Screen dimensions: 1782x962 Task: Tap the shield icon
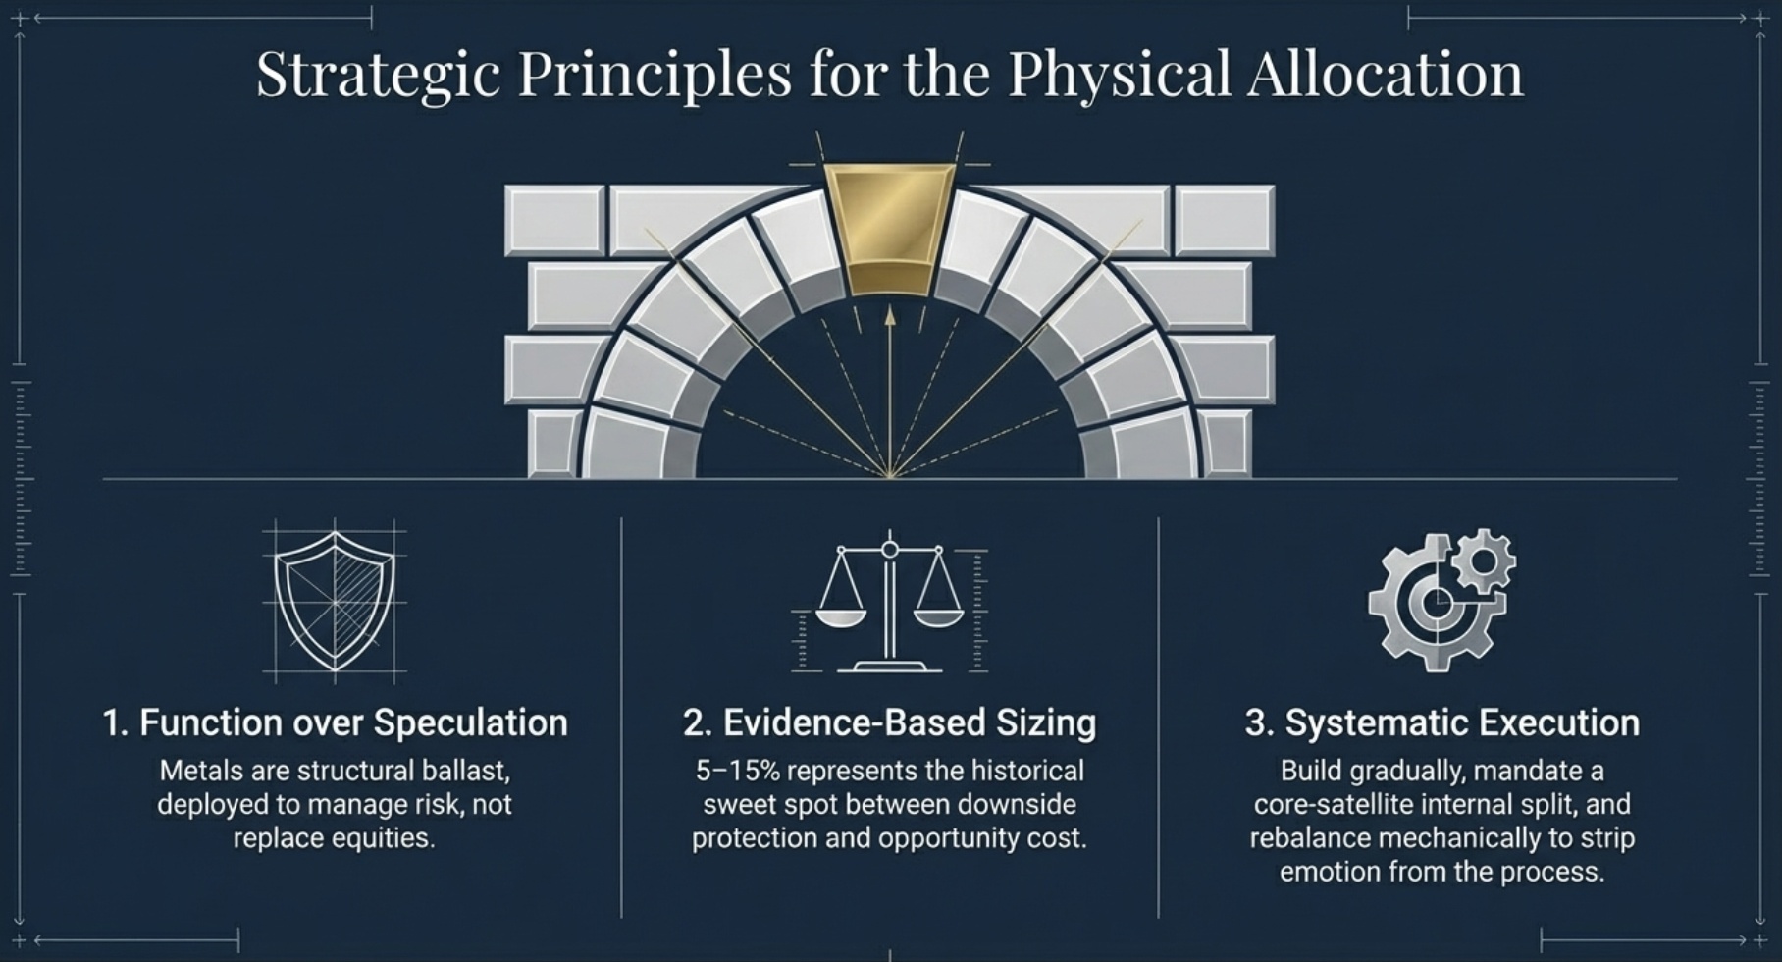pyautogui.click(x=335, y=601)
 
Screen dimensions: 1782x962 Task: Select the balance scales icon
pyautogui.click(x=890, y=604)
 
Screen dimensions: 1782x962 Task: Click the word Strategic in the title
pyautogui.click(x=378, y=75)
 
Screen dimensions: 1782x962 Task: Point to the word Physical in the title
pyautogui.click(x=1119, y=75)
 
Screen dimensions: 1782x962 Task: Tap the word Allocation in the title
pyautogui.click(x=1386, y=75)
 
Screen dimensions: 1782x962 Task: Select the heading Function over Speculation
pyautogui.click(x=335, y=722)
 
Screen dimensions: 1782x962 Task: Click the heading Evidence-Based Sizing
pyautogui.click(x=889, y=722)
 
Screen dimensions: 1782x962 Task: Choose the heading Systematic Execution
pyautogui.click(x=1441, y=722)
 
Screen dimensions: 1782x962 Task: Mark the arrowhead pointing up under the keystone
pyautogui.click(x=890, y=315)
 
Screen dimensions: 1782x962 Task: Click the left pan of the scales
pyautogui.click(x=841, y=617)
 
